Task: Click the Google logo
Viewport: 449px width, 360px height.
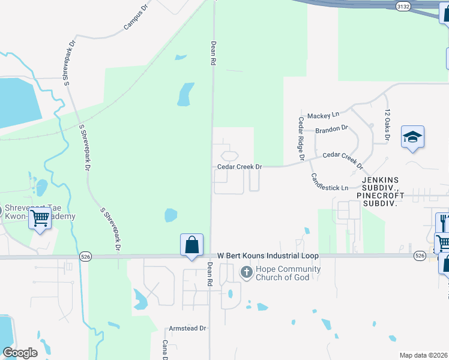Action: (x=20, y=353)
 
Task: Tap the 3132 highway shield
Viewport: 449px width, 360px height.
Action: (x=403, y=5)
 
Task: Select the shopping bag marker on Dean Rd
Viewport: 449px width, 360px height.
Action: (x=191, y=245)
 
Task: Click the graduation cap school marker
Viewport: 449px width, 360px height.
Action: (x=412, y=137)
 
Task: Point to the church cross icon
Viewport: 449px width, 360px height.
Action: (x=246, y=273)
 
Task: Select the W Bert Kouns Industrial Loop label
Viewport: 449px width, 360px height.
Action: (x=268, y=256)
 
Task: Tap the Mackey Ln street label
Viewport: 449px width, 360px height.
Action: (x=323, y=115)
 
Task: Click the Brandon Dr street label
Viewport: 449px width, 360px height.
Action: (x=332, y=128)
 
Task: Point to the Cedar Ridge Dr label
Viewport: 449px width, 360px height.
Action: (x=301, y=134)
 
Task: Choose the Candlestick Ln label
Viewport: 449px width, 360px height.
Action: (x=329, y=182)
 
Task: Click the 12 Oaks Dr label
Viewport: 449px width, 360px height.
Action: (x=388, y=125)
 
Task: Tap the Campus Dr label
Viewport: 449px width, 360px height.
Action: (x=136, y=17)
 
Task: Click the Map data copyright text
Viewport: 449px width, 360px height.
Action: (x=424, y=355)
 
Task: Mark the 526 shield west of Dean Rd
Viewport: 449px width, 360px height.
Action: (x=84, y=256)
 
